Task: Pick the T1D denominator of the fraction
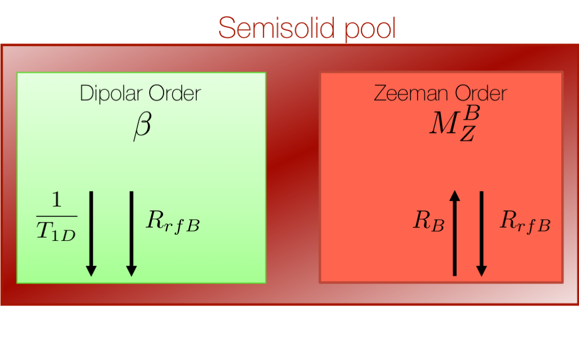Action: coord(57,232)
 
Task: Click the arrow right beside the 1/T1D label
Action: coord(91,234)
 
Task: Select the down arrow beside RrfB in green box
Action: coord(131,234)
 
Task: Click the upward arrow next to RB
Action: coord(454,234)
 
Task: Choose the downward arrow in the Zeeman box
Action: coord(482,234)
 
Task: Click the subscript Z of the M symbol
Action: coord(467,134)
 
